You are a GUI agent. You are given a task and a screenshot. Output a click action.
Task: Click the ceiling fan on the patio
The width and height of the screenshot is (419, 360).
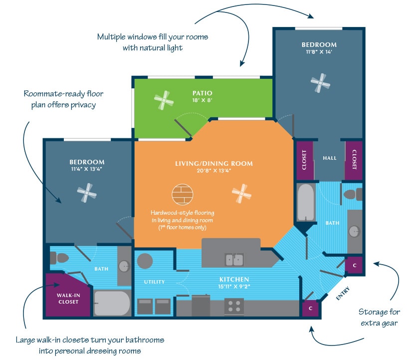[x=164, y=101]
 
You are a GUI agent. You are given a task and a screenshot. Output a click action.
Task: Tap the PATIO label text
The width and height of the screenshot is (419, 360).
[x=203, y=93]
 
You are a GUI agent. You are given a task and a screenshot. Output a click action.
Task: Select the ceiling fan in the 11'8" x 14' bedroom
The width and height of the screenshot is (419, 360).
[x=320, y=83]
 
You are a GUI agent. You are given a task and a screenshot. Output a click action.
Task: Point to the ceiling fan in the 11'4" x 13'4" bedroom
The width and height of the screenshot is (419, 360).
[x=87, y=192]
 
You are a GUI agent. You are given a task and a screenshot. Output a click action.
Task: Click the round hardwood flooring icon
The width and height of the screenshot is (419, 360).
[x=182, y=194]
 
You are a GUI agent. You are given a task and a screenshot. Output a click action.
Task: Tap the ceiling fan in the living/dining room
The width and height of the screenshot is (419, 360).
[x=241, y=193]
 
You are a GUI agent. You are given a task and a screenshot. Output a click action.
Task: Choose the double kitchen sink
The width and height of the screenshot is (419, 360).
[x=234, y=260]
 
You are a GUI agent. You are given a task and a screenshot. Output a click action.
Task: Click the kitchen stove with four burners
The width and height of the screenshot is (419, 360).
[x=234, y=306]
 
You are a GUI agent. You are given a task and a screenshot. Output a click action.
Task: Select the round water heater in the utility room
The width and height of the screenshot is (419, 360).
[x=145, y=261]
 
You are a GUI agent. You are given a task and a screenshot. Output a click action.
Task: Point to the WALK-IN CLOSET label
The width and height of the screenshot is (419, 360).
[x=68, y=298]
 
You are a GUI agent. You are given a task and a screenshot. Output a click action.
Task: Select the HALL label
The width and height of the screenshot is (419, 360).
[x=330, y=158]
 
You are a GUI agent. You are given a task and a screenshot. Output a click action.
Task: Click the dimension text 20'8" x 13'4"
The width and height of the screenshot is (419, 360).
[x=213, y=171]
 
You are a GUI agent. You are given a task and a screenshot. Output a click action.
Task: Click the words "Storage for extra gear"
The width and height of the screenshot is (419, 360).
[x=379, y=317]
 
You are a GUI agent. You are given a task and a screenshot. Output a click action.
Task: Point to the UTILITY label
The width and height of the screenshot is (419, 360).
[x=154, y=282]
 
